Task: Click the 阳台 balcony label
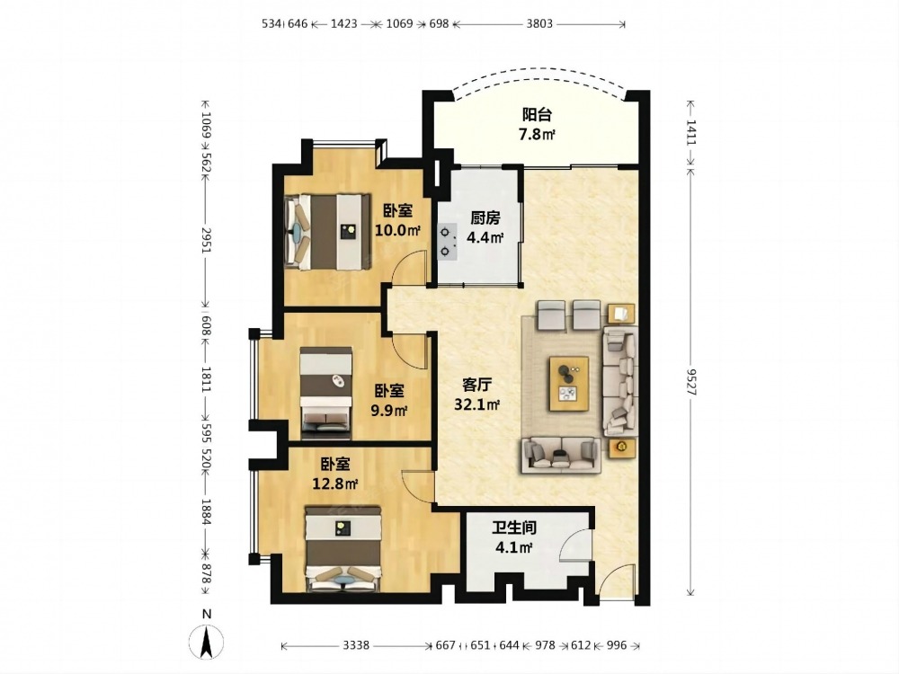pyautogui.click(x=537, y=115)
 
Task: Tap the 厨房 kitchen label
pyautogui.click(x=485, y=217)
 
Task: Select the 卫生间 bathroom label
pyautogui.click(x=514, y=528)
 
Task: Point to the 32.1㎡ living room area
pyautogui.click(x=477, y=404)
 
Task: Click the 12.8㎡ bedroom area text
pyautogui.click(x=334, y=483)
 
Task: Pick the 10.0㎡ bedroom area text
pyautogui.click(x=398, y=230)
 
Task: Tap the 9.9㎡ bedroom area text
pyautogui.click(x=388, y=411)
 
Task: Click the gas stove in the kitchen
pyautogui.click(x=447, y=241)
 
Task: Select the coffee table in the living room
pyautogui.click(x=569, y=384)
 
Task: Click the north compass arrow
pyautogui.click(x=207, y=642)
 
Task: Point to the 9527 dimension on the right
pyautogui.click(x=690, y=381)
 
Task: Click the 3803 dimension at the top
pyautogui.click(x=539, y=24)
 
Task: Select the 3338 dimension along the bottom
pyautogui.click(x=356, y=645)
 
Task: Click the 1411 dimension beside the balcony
pyautogui.click(x=690, y=132)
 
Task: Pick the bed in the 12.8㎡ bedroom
pyautogui.click(x=343, y=549)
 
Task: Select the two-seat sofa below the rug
pyautogui.click(x=561, y=455)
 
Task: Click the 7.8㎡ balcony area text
pyautogui.click(x=537, y=135)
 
